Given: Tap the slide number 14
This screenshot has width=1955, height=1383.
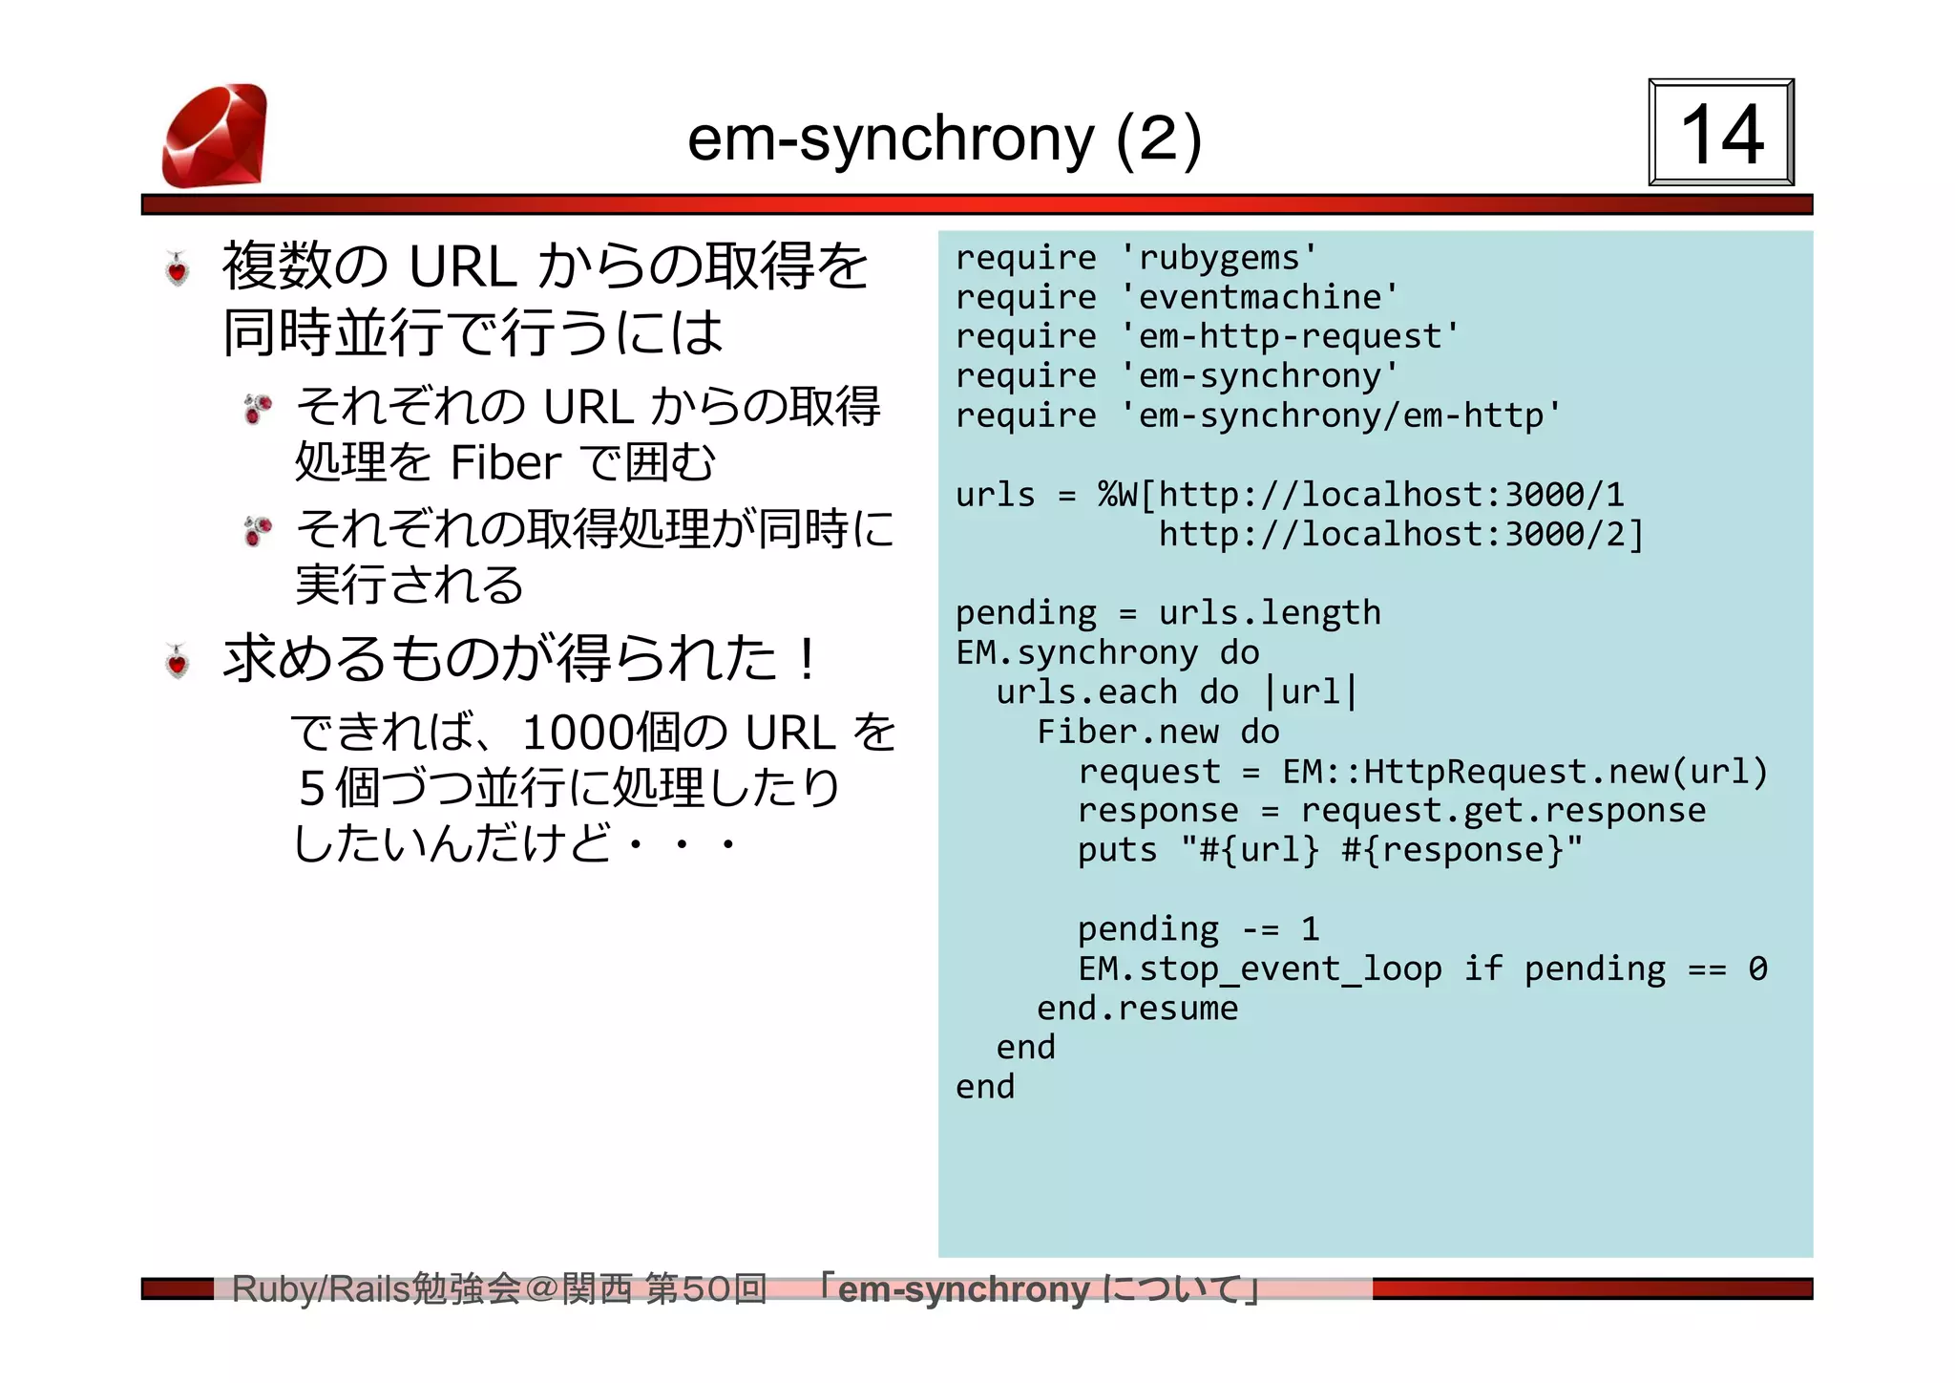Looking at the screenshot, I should click(1721, 134).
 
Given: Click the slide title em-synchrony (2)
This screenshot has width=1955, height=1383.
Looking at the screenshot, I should click(944, 138).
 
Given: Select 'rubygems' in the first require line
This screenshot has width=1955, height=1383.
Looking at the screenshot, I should click(1218, 258).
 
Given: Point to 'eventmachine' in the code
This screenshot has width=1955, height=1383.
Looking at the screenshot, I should click(1259, 298).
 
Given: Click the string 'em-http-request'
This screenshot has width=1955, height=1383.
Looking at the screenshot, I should click(1290, 337).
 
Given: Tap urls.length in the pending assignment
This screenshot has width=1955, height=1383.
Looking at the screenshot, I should click(1270, 613).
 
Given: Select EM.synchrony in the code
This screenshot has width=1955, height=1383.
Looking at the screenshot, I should click(1076, 653).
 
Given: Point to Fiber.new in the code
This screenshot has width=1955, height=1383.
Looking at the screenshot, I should click(1127, 733).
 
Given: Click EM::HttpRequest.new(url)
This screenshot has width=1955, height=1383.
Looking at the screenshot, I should click(1524, 772).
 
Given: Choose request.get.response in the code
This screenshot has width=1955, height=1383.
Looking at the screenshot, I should click(1503, 811).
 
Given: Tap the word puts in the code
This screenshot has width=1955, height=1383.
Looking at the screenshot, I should click(1117, 850).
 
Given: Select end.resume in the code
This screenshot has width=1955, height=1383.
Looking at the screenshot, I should click(1137, 1009).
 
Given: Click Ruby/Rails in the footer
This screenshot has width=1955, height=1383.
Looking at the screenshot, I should click(321, 1289).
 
